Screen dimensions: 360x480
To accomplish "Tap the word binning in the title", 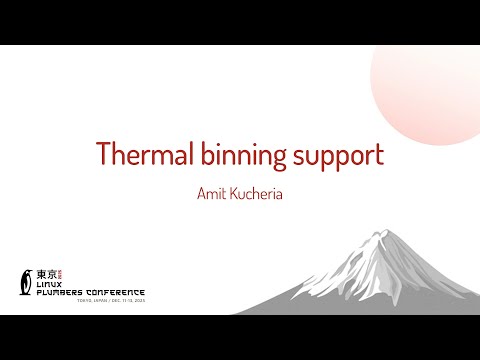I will pos(241,155).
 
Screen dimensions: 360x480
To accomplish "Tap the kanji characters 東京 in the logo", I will pos(45,271).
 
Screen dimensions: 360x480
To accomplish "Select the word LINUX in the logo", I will pos(50,281).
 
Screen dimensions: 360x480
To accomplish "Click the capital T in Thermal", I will pos(102,155).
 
